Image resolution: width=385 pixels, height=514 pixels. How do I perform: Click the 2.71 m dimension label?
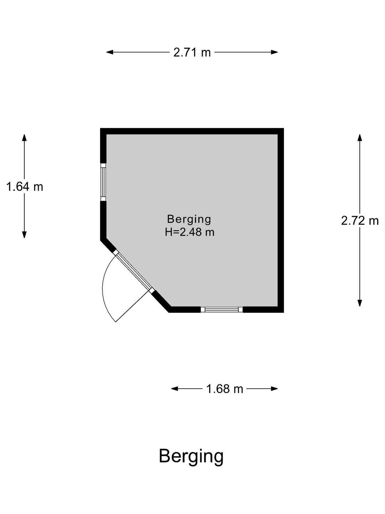(x=192, y=52)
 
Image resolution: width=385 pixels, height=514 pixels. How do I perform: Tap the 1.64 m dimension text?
(x=25, y=187)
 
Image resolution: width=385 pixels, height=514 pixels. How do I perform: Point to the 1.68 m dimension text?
(x=225, y=389)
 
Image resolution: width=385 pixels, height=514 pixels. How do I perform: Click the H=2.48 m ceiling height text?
(x=190, y=232)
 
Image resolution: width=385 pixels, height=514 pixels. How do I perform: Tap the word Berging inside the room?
(x=189, y=220)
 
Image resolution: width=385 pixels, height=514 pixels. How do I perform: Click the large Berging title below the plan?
(x=191, y=457)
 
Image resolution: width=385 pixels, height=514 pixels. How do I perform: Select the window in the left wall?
(x=103, y=182)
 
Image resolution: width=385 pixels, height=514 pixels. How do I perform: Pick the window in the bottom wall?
(x=222, y=309)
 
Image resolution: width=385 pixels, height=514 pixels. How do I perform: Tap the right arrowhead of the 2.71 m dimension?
(x=274, y=52)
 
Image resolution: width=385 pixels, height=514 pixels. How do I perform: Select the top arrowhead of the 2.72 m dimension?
(x=360, y=138)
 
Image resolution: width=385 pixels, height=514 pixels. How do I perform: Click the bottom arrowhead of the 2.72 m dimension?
(x=360, y=303)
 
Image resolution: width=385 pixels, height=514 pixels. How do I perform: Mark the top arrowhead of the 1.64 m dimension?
(x=24, y=138)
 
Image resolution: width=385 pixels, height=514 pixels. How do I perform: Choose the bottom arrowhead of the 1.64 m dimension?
(x=24, y=235)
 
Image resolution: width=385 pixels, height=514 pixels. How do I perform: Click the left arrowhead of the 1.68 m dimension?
(x=175, y=389)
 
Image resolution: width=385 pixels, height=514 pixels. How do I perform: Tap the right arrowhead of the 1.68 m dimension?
(x=274, y=389)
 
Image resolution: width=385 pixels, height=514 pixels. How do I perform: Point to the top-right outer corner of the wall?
(x=284, y=128)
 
